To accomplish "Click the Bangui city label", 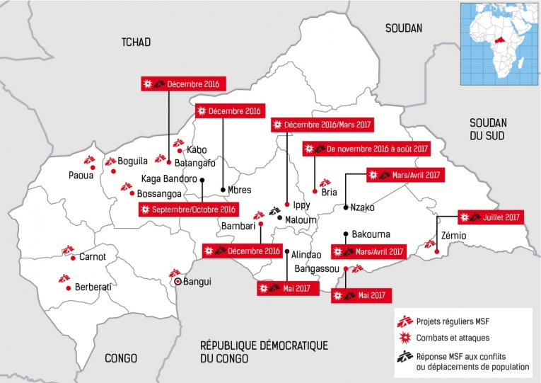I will tap(197, 282).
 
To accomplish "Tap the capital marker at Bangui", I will tap(178, 282).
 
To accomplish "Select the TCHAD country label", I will tap(136, 42).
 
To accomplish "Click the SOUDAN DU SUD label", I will tap(487, 128).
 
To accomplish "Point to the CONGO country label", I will tap(120, 358).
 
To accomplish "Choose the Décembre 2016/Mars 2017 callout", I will tap(322, 125).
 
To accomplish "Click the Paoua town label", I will tap(81, 175).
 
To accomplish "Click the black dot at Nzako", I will tap(344, 207).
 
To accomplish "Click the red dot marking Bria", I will tap(314, 191).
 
